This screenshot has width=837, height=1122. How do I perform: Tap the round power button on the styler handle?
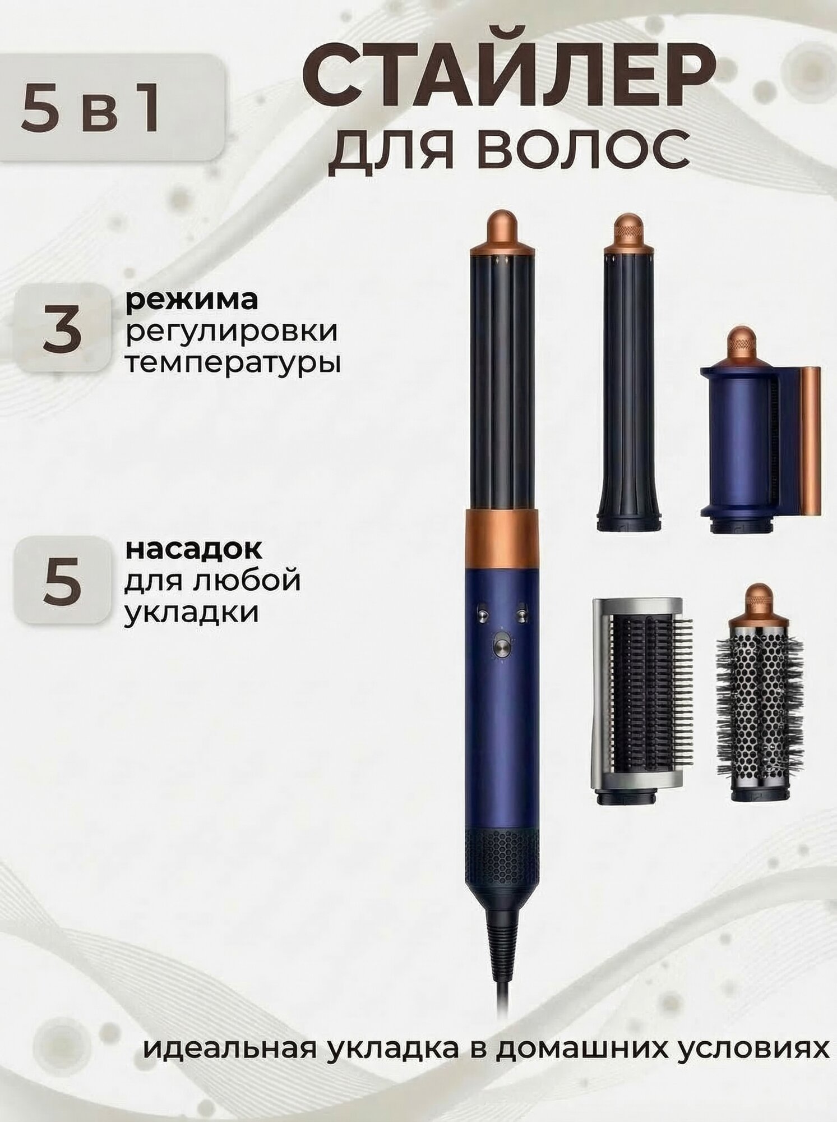pyautogui.click(x=500, y=641)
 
